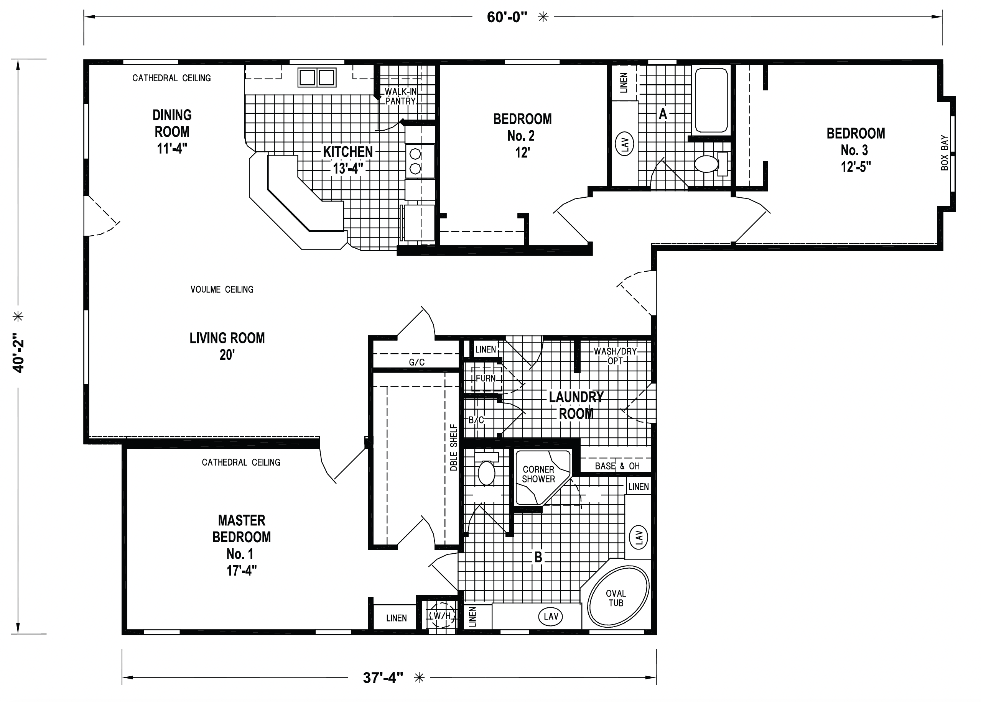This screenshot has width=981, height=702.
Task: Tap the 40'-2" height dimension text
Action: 18,352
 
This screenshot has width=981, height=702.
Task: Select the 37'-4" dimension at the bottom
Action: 383,677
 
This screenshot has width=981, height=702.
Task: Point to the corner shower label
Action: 538,474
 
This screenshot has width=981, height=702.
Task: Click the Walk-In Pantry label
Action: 400,96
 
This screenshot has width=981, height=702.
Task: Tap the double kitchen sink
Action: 317,77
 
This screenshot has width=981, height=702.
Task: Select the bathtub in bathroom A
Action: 711,100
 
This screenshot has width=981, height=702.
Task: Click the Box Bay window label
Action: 944,153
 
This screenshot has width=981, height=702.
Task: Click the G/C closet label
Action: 416,362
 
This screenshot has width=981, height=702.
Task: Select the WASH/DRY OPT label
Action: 615,356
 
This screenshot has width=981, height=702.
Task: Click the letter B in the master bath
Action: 538,557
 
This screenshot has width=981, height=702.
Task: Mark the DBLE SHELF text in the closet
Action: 453,448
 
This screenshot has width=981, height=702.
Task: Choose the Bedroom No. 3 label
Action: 856,150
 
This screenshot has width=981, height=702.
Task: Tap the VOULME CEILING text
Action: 222,289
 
